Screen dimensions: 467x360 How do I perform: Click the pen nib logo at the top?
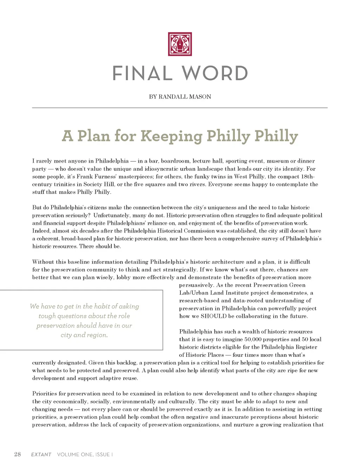tap(180, 44)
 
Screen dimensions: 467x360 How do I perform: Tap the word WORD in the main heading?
tap(215, 73)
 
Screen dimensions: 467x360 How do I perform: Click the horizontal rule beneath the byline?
tap(180, 108)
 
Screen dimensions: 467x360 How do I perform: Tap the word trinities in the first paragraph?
tap(67, 184)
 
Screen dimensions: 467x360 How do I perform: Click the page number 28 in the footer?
tap(18, 454)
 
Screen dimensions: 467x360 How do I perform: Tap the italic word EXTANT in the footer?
tap(41, 454)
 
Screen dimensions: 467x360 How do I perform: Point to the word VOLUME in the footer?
tap(68, 454)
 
